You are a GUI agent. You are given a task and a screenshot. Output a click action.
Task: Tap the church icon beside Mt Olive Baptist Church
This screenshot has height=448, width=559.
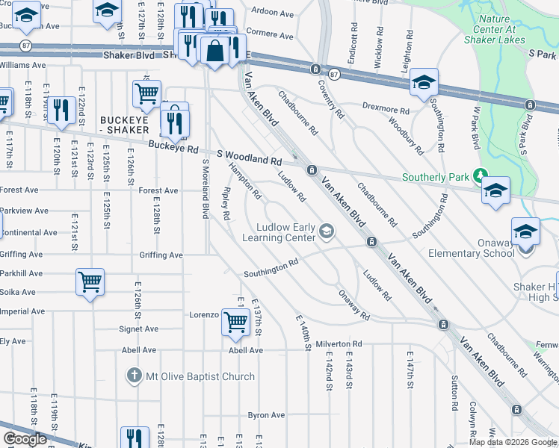coord(134,376)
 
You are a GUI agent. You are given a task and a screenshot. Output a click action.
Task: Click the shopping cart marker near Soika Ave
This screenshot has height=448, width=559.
coord(90,282)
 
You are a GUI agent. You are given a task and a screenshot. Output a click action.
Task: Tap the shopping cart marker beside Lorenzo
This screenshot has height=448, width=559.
coord(236,322)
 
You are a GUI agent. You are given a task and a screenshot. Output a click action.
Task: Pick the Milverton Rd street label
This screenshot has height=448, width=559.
coord(338,344)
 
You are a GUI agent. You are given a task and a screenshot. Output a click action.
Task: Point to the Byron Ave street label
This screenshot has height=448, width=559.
coord(267,415)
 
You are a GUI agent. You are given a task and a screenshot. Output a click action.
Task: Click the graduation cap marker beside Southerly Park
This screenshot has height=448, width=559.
coord(495,190)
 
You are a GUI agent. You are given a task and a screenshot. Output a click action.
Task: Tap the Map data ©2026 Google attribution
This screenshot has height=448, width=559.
coord(513,442)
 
